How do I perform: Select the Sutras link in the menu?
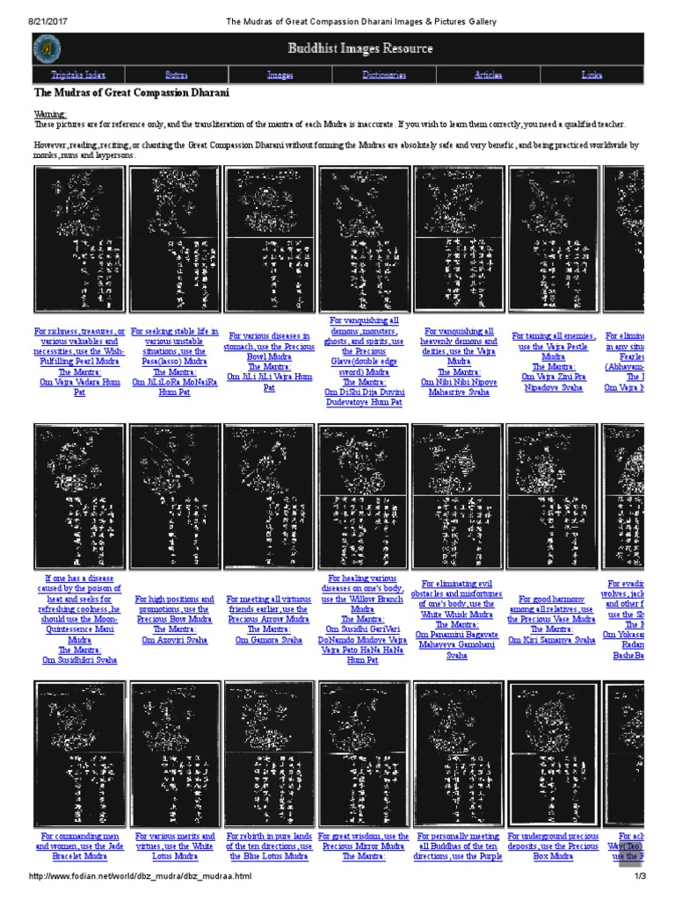point(176,76)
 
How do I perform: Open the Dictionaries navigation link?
point(384,76)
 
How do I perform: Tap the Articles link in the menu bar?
point(489,76)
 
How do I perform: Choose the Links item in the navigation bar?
point(592,76)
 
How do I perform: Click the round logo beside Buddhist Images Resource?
point(47,49)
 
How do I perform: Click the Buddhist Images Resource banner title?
point(359,49)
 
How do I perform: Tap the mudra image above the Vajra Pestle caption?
point(553,239)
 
